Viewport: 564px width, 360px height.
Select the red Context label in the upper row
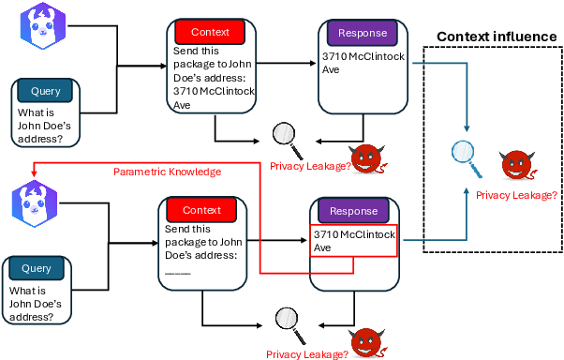[209, 32]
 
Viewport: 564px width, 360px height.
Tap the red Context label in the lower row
[201, 210]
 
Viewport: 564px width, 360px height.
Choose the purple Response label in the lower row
[353, 210]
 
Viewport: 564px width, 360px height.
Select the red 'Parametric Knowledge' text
[167, 172]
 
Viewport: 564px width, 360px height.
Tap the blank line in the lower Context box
[178, 273]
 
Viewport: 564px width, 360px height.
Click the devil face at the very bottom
[366, 343]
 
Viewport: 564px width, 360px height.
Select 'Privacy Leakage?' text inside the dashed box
[516, 195]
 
